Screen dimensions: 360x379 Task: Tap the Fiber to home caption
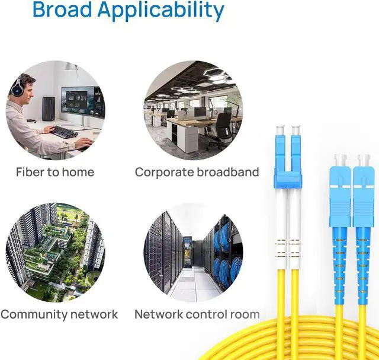coord(55,172)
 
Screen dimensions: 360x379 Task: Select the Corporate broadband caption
coord(197,172)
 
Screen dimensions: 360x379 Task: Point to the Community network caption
coord(59,314)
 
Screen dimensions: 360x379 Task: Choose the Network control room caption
coord(197,314)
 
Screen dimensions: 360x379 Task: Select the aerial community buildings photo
coord(55,252)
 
